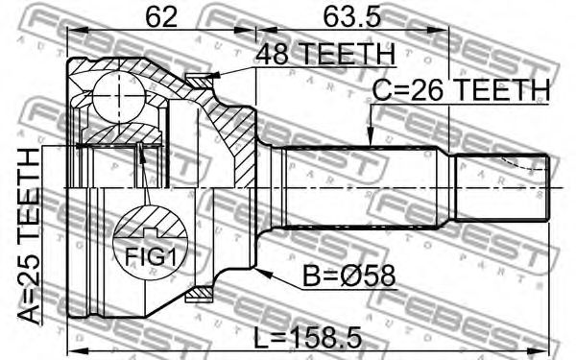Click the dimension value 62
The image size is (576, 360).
pos(161,17)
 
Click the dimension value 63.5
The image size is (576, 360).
pos(351,17)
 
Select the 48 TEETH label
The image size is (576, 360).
pos(325,54)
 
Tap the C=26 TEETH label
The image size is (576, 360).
pos(461,89)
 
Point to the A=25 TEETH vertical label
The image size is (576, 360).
pos(29,236)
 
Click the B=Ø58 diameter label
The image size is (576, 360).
pos(348,276)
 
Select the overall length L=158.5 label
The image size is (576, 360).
pos(308,338)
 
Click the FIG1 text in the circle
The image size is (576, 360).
pos(151,256)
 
